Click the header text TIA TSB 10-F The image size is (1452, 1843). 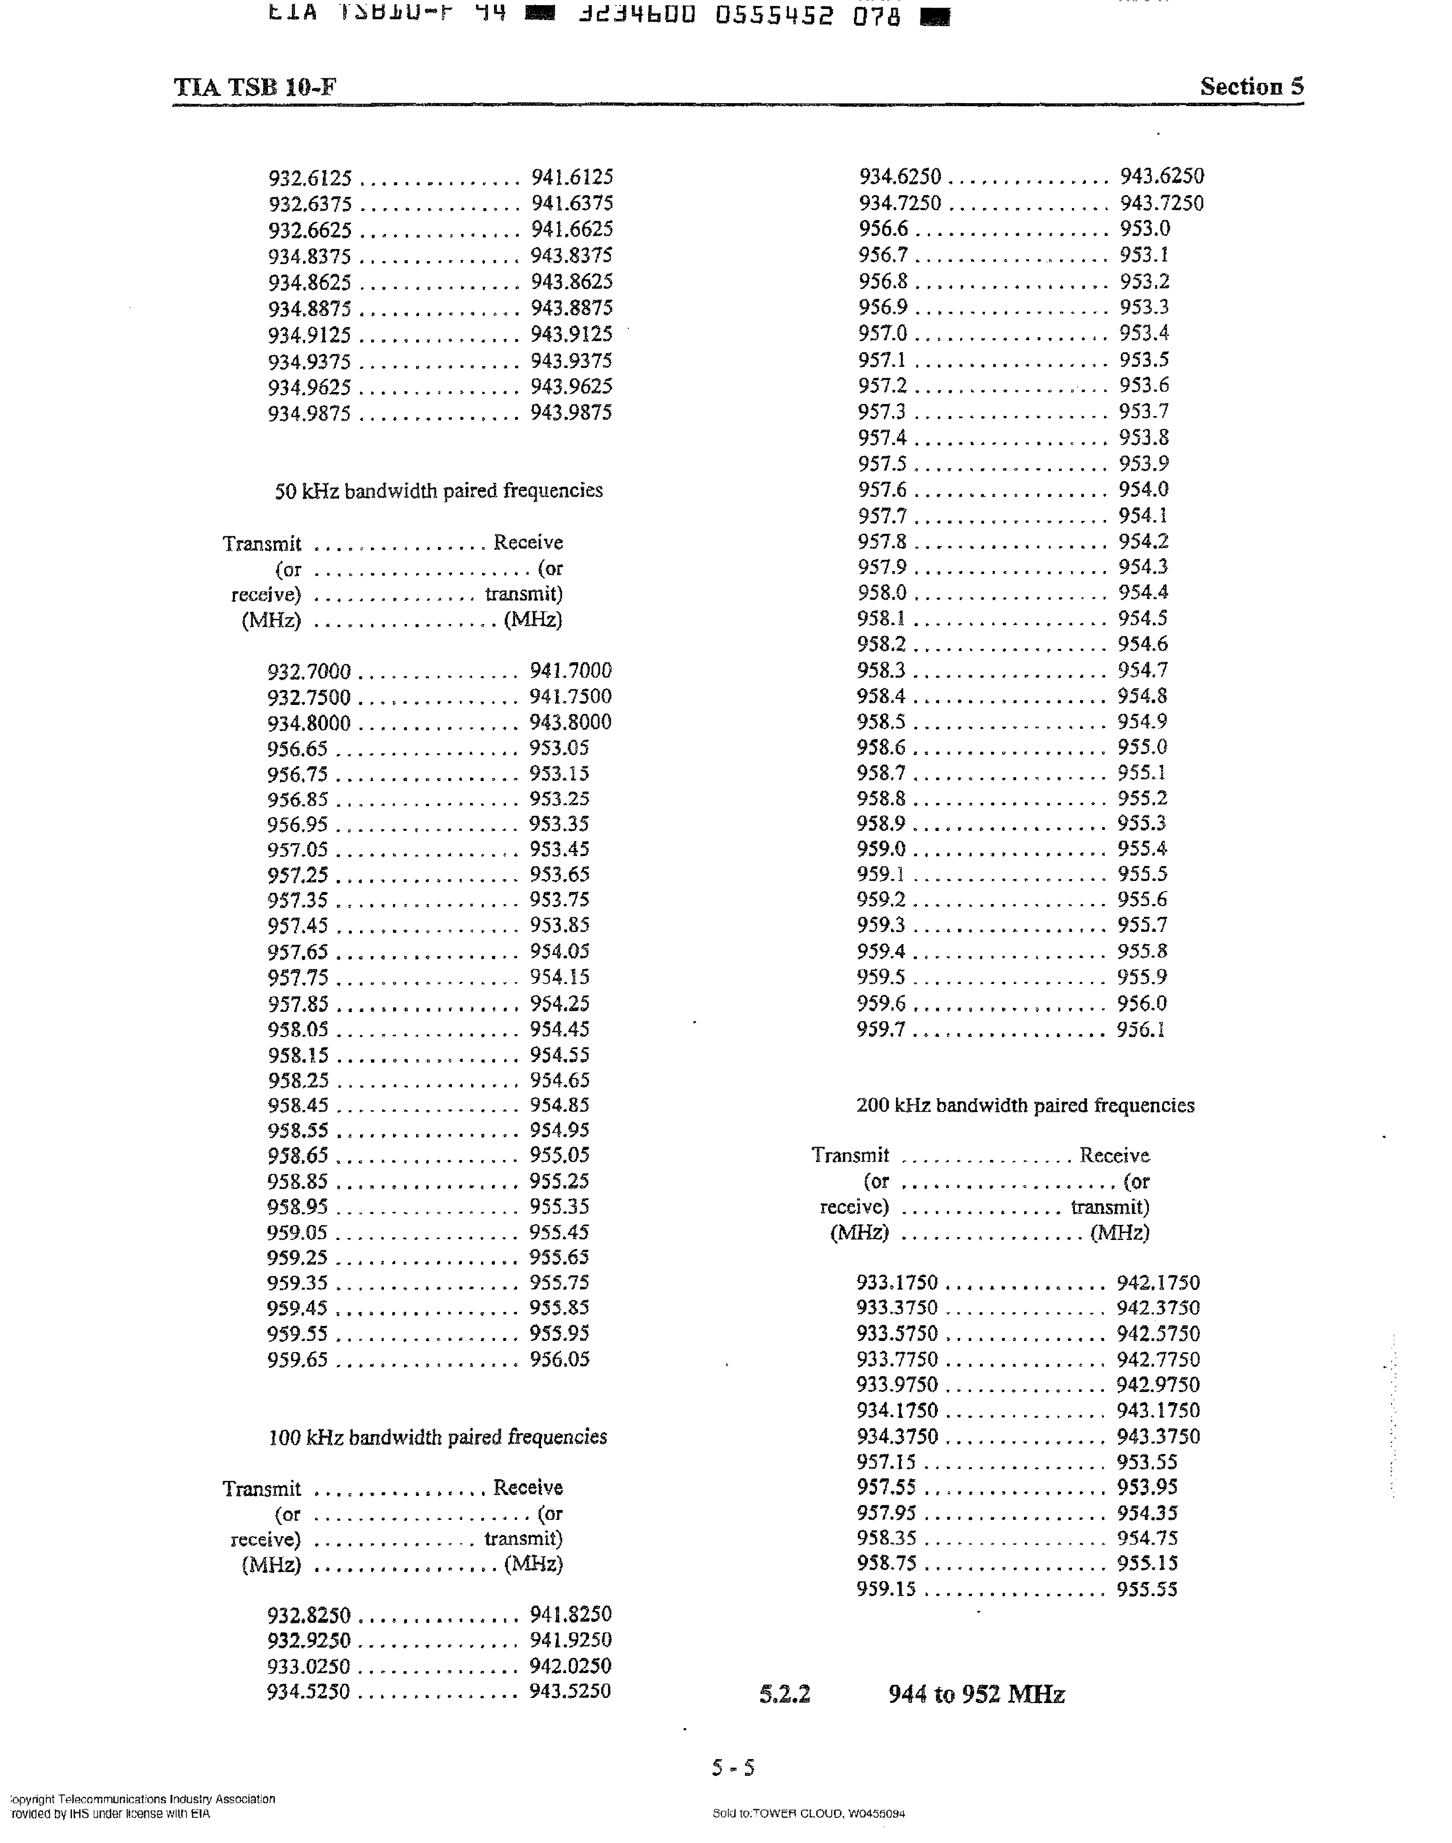255,87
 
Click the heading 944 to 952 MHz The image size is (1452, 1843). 976,1694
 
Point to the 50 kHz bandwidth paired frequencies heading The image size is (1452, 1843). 439,490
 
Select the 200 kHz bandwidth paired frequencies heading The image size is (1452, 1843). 1025,1105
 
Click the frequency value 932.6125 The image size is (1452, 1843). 309,178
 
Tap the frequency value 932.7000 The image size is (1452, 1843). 309,672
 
